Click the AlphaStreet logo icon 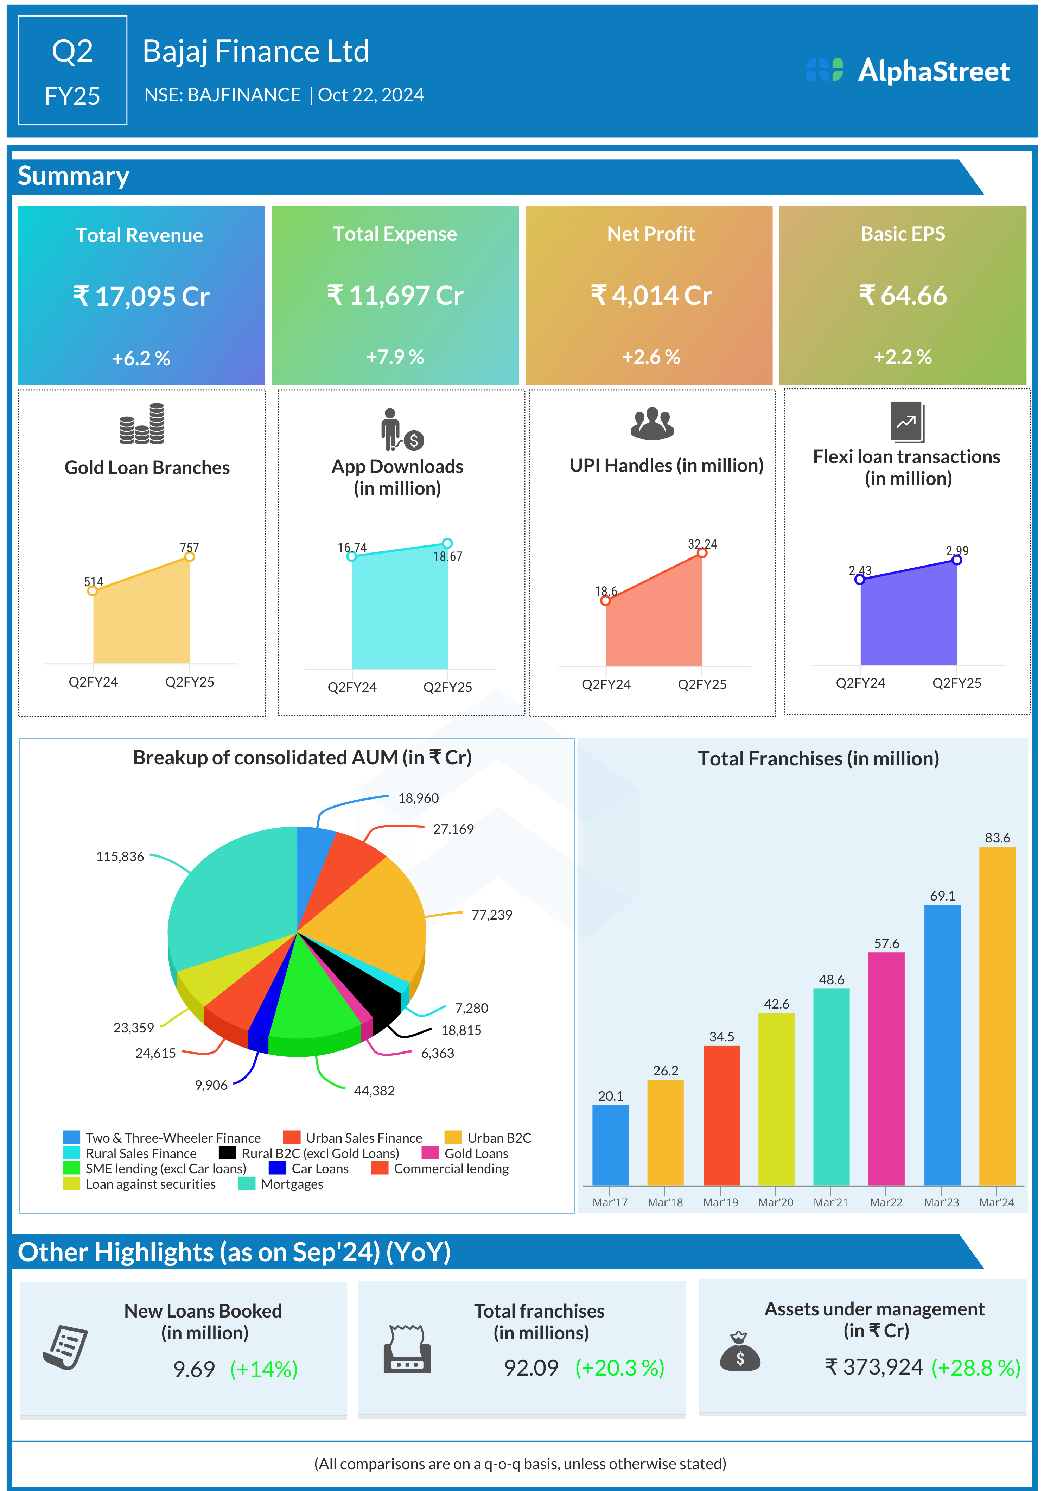[x=824, y=70]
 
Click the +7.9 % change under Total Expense [x=395, y=356]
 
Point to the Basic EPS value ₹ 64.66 [x=903, y=296]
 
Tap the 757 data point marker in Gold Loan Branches [x=190, y=556]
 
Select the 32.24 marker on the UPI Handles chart [x=702, y=552]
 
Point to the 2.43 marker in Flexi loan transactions [x=860, y=579]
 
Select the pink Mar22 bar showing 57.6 [x=886, y=1068]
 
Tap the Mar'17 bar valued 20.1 [x=610, y=1145]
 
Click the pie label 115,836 [x=120, y=857]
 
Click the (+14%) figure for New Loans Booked [x=263, y=1369]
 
